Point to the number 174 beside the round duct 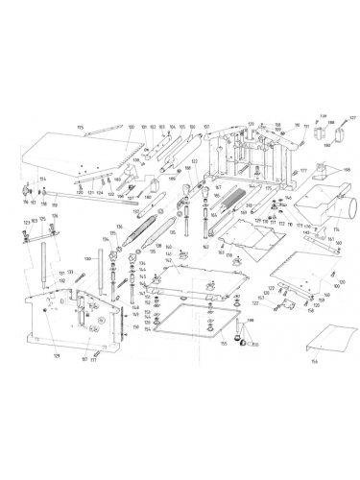tap(335, 230)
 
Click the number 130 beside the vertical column tap(87, 258)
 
